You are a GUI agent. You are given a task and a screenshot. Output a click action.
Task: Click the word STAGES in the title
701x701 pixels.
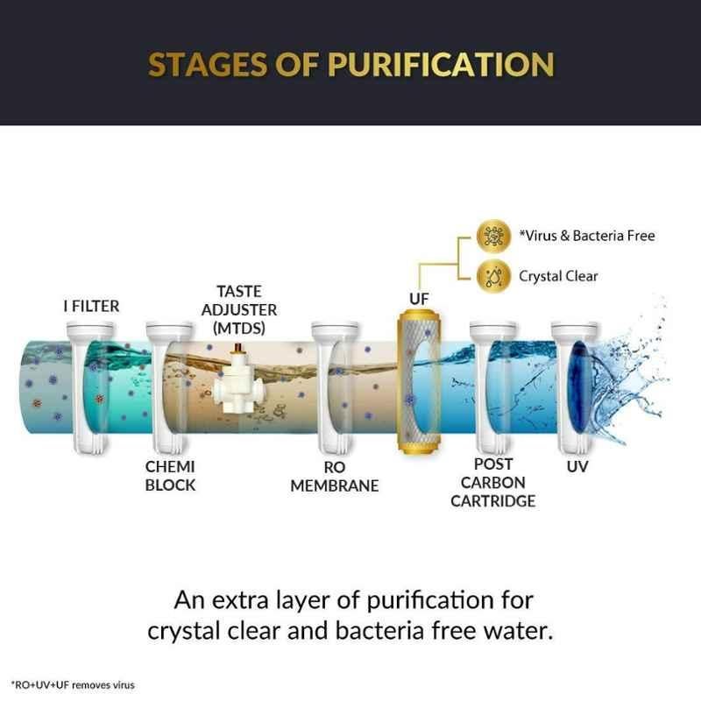click(207, 64)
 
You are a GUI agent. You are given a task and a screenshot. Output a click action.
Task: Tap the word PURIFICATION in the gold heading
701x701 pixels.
click(442, 64)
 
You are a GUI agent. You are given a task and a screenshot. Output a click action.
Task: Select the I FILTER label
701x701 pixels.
click(92, 306)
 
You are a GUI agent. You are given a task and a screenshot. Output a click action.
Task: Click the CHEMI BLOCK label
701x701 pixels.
click(170, 476)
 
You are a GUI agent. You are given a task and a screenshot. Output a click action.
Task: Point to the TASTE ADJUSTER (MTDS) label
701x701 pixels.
click(239, 310)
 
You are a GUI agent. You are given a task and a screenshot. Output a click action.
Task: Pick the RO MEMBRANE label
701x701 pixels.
click(335, 476)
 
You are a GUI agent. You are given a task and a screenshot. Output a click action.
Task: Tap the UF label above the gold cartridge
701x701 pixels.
click(419, 299)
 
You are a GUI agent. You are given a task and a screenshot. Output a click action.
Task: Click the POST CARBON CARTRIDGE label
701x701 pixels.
click(493, 483)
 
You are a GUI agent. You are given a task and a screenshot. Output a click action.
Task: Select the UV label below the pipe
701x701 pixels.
click(577, 467)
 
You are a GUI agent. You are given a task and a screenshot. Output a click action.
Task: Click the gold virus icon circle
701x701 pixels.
click(493, 236)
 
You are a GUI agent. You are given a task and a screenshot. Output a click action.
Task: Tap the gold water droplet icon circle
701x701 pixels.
click(493, 276)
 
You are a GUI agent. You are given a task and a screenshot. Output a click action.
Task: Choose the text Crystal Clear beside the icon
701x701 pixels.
click(558, 276)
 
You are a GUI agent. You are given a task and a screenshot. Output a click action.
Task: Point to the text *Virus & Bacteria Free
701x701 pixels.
click(587, 236)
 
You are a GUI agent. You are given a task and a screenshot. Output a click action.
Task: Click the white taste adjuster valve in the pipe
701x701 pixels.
click(239, 381)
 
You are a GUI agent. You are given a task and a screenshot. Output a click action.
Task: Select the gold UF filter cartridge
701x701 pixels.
click(420, 381)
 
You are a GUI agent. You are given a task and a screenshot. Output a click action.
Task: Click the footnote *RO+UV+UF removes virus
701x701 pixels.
click(73, 685)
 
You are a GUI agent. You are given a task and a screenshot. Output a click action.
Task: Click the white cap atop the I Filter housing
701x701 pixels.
click(90, 330)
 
